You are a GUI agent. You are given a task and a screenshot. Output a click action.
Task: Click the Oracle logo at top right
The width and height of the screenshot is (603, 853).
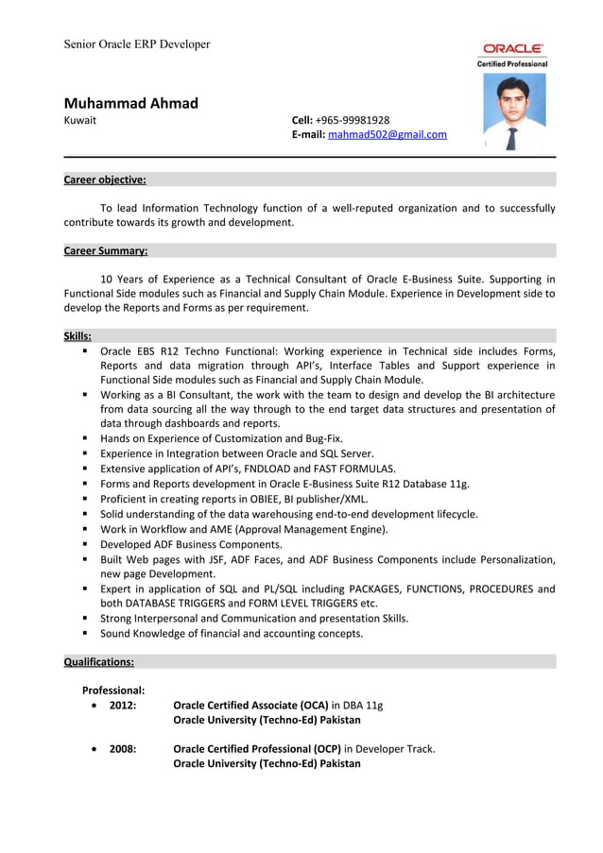tap(513, 48)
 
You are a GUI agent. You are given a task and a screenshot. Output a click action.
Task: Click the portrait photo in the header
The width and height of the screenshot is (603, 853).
tap(514, 112)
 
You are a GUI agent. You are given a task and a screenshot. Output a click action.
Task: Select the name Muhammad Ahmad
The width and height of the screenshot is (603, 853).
tap(130, 103)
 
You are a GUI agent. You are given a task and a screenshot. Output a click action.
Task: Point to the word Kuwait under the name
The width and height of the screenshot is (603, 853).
tap(79, 120)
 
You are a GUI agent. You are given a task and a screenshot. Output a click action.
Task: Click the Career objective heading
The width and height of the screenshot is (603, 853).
tap(105, 179)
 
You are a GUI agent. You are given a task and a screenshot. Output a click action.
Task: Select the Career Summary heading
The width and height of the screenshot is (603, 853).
tap(105, 251)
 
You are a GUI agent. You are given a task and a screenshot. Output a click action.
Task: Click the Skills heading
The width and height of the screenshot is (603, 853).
tap(78, 335)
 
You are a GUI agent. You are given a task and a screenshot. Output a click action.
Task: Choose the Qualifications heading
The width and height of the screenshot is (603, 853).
tap(98, 662)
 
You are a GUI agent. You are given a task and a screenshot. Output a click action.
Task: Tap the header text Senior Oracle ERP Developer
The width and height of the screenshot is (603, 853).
tap(137, 44)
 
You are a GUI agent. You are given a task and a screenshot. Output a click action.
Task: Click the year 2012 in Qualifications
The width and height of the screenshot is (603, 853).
tap(123, 705)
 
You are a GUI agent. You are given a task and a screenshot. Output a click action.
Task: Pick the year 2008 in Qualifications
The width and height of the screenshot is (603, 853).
tap(123, 748)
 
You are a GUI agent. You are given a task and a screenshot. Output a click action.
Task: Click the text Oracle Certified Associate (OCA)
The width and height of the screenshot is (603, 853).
tap(250, 705)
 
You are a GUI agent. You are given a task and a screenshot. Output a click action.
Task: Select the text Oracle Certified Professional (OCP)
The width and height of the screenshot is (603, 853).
tap(256, 748)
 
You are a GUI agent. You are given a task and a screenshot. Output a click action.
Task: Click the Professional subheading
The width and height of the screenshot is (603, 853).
tap(113, 690)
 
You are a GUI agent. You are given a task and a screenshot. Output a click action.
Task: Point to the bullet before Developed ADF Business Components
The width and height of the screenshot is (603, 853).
tap(86, 545)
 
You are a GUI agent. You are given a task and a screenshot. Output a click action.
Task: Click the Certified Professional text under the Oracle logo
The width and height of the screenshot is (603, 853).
tap(513, 63)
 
